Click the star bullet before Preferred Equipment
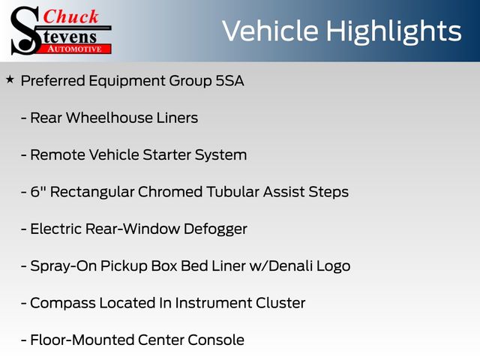[10, 80]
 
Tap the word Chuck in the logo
[70, 16]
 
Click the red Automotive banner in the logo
[75, 49]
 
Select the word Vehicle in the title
[270, 31]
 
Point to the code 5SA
[230, 81]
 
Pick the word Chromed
[170, 192]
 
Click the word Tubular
[232, 192]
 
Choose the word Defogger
[215, 229]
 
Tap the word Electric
[56, 229]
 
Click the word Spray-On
[63, 266]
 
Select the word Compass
[63, 304]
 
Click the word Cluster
[280, 303]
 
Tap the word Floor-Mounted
[82, 340]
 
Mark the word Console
[216, 340]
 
